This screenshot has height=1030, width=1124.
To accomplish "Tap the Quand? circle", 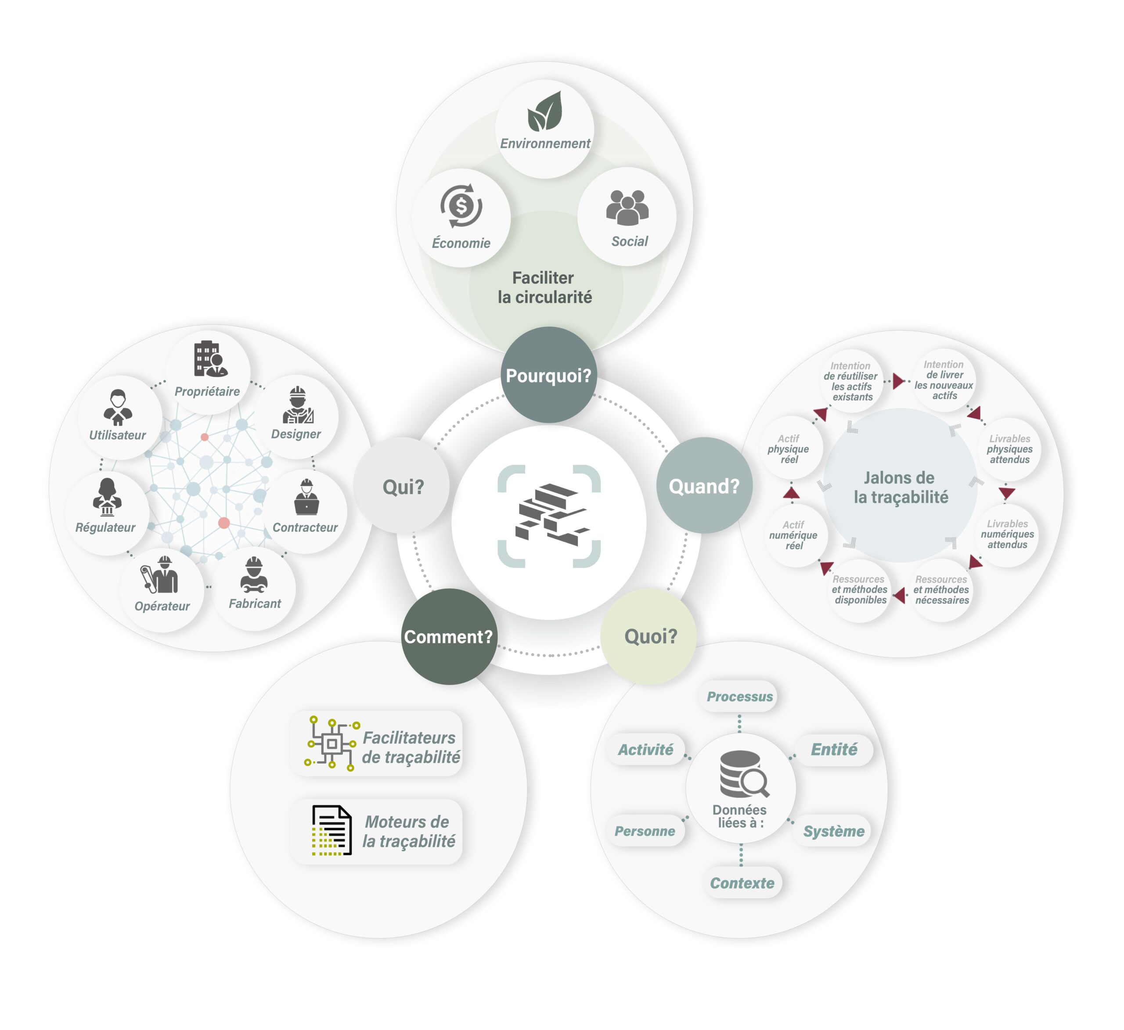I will point(704,485).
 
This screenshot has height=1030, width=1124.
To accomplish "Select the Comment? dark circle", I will point(449,636).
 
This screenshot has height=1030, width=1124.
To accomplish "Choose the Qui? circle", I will point(403,486).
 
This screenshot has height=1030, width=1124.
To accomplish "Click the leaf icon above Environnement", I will point(545,111).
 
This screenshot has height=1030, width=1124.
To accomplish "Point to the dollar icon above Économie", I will point(461,206).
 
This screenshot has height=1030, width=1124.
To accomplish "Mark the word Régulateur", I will point(105,527).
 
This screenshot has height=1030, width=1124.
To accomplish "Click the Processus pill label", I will point(739,696).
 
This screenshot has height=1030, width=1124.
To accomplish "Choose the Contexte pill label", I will point(742,883).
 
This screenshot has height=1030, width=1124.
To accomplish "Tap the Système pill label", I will point(833,831).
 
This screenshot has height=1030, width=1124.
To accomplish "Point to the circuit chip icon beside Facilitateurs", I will point(331,743).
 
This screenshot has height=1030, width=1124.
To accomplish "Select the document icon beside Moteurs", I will point(332,830).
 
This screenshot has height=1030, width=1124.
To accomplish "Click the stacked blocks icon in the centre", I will point(549,515).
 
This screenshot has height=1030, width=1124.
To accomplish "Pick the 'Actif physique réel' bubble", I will point(789,449).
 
